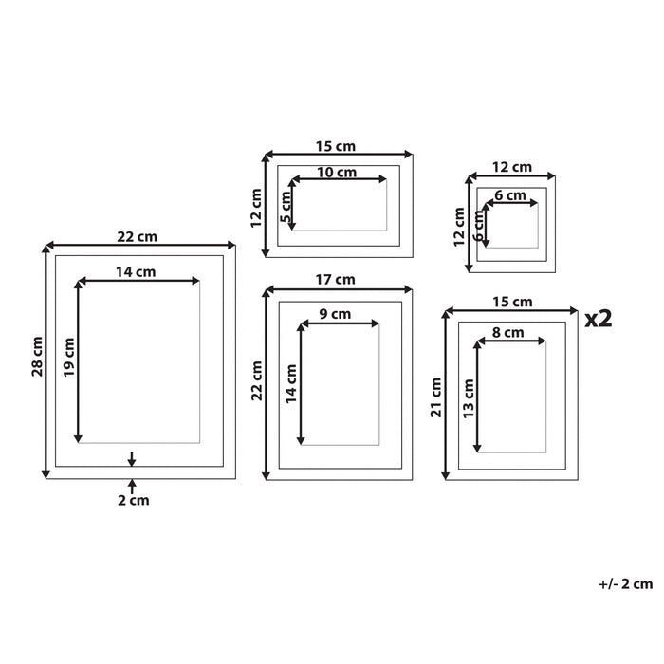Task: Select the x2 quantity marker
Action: coord(599,319)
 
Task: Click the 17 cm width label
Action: coord(339,279)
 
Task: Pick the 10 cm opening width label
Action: coord(337,172)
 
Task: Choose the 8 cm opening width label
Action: coord(508,333)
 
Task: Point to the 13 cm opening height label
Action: coord(469,396)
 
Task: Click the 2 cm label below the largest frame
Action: coord(133,499)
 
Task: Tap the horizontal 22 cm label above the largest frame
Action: coord(138,236)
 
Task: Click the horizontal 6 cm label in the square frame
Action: coord(509,195)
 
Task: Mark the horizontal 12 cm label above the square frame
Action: coord(512,167)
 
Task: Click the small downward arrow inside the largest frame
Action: coord(131,459)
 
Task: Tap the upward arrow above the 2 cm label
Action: coord(131,485)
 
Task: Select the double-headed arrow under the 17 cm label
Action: coord(340,289)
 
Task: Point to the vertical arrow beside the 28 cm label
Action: coord(46,361)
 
